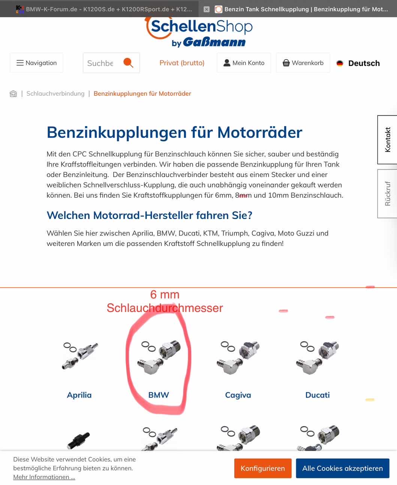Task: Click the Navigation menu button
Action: click(x=36, y=63)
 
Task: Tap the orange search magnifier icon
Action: click(x=128, y=63)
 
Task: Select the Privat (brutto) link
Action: click(x=182, y=63)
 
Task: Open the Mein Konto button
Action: click(x=244, y=63)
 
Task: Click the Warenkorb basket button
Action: click(x=303, y=63)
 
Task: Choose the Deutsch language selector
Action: click(x=358, y=63)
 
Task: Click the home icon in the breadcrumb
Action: click(x=13, y=94)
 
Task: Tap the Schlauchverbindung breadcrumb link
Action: click(x=55, y=94)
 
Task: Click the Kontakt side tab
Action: click(x=387, y=140)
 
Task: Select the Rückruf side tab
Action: click(x=387, y=194)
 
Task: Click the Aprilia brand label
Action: click(x=79, y=395)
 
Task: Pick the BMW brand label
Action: click(x=159, y=395)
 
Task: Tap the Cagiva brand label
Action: click(x=238, y=395)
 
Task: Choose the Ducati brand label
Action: click(x=318, y=395)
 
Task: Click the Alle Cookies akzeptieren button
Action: click(x=343, y=468)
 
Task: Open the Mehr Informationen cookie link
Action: click(x=44, y=477)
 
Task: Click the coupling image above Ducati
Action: click(x=318, y=358)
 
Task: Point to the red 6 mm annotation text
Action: click(x=165, y=294)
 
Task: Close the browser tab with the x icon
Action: click(x=207, y=9)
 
